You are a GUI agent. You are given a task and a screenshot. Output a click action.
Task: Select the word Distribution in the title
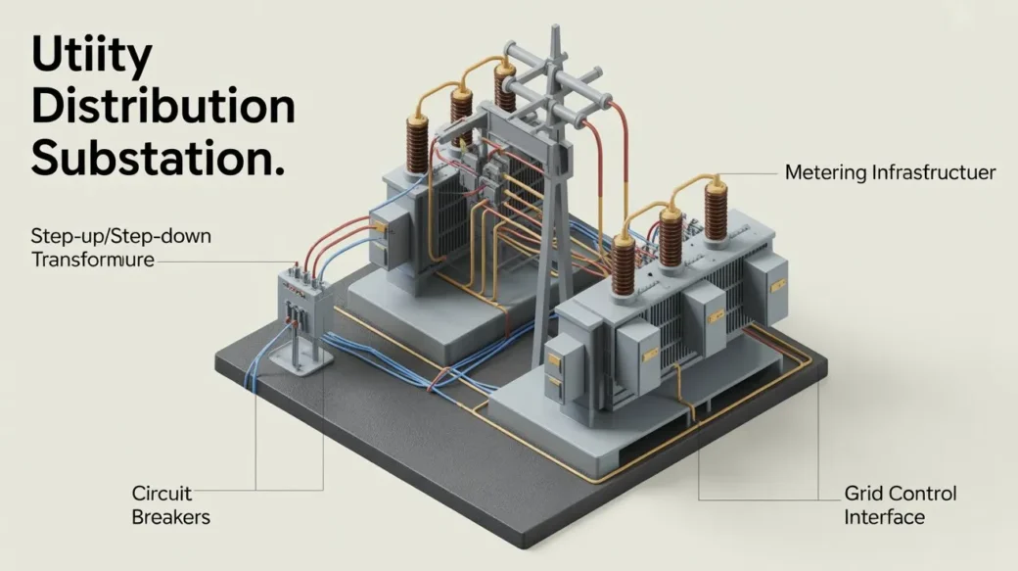pyautogui.click(x=162, y=107)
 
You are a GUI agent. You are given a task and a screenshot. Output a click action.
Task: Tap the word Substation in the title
pyautogui.click(x=158, y=158)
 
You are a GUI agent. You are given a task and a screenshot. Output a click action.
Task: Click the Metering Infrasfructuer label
pyautogui.click(x=890, y=173)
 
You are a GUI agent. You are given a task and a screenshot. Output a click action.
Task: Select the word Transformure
pyautogui.click(x=93, y=261)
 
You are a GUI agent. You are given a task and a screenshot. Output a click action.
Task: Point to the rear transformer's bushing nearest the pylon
pyautogui.click(x=505, y=90)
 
